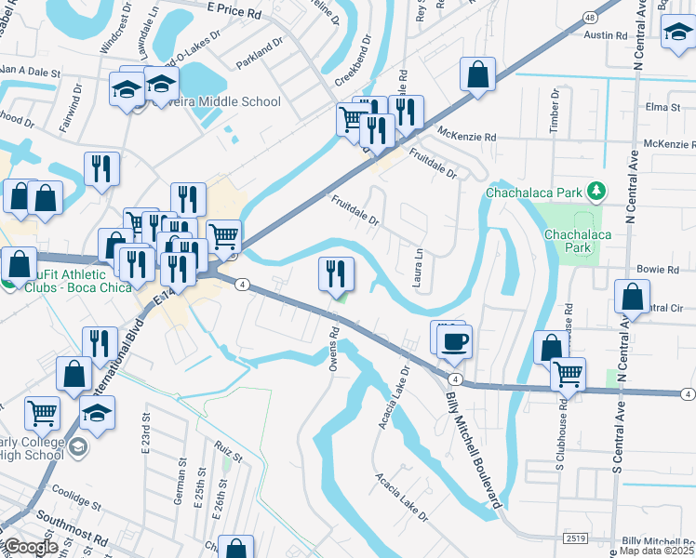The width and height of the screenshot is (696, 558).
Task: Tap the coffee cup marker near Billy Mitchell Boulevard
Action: click(x=455, y=341)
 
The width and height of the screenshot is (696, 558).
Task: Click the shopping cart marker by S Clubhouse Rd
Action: click(x=568, y=375)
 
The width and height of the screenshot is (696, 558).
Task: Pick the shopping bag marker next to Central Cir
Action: click(x=632, y=298)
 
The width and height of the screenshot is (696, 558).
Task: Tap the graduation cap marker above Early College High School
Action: click(x=97, y=412)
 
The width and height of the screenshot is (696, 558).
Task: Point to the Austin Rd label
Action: click(x=607, y=35)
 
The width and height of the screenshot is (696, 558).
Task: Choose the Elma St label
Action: click(x=663, y=108)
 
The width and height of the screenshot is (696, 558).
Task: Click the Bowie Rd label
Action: click(x=659, y=270)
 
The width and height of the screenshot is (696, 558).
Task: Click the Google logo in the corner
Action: click(x=30, y=547)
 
